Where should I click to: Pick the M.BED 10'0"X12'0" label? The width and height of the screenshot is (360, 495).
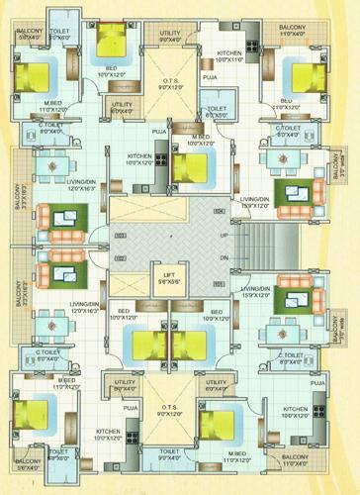(x=202, y=140)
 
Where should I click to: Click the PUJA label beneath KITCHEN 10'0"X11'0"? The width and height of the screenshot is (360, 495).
(x=210, y=75)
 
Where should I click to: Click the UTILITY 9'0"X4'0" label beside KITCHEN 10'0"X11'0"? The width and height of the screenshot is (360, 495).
(x=170, y=37)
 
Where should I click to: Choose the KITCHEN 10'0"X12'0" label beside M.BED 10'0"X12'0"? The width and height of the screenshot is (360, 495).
(x=140, y=160)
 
